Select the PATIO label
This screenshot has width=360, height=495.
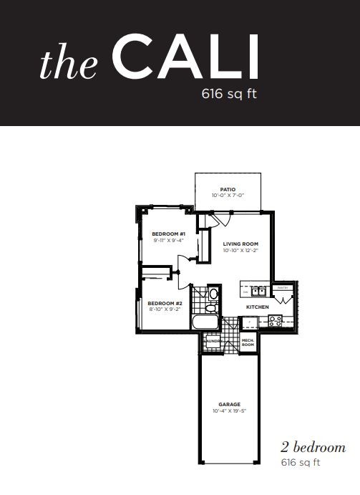coord(228,190)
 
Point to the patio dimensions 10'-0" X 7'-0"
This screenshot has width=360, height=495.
coord(228,196)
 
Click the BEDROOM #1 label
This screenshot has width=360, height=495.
coord(169,234)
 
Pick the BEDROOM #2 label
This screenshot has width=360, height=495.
coord(165,303)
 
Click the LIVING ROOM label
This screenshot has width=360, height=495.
coord(238,244)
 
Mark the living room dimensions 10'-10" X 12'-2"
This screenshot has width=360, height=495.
coord(238,251)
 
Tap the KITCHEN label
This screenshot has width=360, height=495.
coord(258,307)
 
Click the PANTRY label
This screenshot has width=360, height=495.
coord(282,288)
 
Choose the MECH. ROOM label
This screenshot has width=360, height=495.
coord(248,342)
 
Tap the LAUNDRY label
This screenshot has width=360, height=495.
coord(211,342)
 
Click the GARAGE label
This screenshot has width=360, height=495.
coord(228,404)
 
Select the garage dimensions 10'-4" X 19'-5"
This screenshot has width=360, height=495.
coord(228,410)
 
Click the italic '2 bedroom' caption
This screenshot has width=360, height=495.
coord(313,448)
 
